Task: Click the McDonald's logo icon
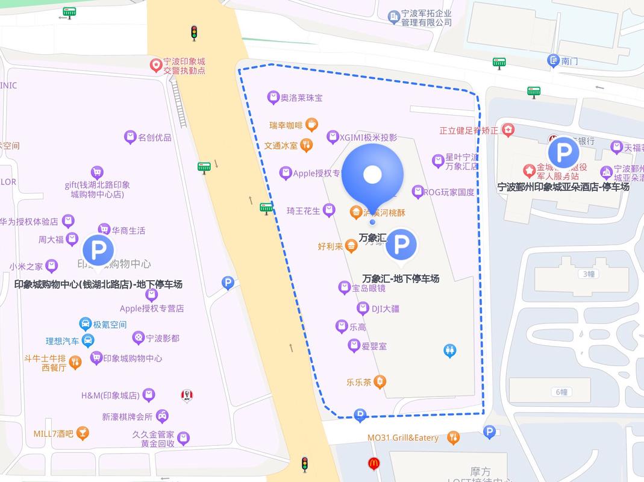pyautogui.click(x=374, y=463)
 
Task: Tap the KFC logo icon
pyautogui.click(x=187, y=396)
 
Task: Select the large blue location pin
pyautogui.click(x=372, y=175)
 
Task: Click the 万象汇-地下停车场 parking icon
pyautogui.click(x=401, y=245)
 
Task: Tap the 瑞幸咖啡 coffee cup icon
pyautogui.click(x=311, y=125)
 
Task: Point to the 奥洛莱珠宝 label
pyautogui.click(x=301, y=98)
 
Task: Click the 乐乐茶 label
pyautogui.click(x=358, y=382)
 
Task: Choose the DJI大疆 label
pyautogui.click(x=385, y=309)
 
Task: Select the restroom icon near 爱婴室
pyautogui.click(x=449, y=351)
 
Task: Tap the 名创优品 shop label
pyautogui.click(x=155, y=137)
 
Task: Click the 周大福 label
pyautogui.click(x=51, y=240)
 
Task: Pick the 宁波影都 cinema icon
pyautogui.click(x=139, y=338)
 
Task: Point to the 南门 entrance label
pyautogui.click(x=569, y=61)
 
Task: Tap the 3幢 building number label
pyautogui.click(x=589, y=274)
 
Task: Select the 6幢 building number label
pyautogui.click(x=561, y=392)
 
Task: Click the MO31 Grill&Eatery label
pyautogui.click(x=403, y=438)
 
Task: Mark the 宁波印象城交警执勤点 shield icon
pyautogui.click(x=155, y=63)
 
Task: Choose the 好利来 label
pyautogui.click(x=330, y=246)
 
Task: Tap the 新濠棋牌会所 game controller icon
pyautogui.click(x=162, y=416)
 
